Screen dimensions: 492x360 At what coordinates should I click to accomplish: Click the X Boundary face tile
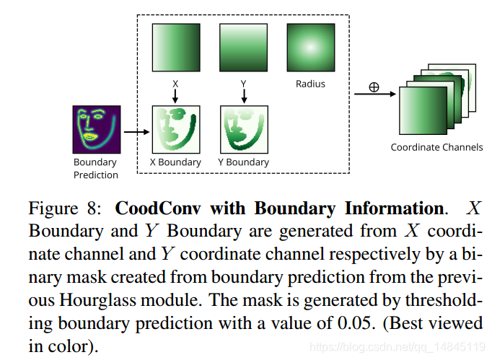coord(175,129)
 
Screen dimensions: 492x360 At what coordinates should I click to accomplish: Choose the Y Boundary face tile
coord(244,129)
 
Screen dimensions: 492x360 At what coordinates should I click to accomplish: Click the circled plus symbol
coord(374,87)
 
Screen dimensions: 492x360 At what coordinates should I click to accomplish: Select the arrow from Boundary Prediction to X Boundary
coord(134,132)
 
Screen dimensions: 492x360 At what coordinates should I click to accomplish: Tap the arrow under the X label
coord(175,96)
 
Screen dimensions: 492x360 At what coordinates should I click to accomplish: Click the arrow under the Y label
coord(243,96)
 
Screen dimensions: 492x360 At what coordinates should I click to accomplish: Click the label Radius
coord(310,84)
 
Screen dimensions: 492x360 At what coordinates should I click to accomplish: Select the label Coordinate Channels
coord(436,147)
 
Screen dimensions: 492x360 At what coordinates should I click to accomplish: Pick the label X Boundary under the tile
coord(175,162)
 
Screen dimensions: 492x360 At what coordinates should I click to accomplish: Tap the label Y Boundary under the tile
coord(244,162)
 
